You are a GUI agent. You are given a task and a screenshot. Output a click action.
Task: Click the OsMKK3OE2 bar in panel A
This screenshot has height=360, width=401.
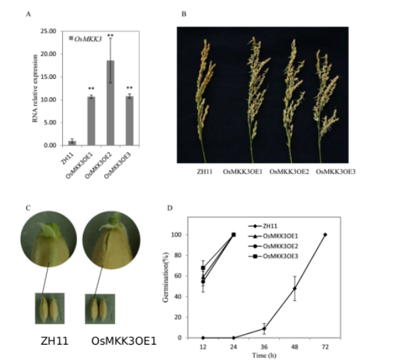click(110, 103)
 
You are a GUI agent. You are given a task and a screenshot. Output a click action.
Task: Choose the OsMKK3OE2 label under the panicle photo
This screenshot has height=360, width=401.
click(289, 173)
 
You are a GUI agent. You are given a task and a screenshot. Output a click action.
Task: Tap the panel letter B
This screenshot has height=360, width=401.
click(184, 14)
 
